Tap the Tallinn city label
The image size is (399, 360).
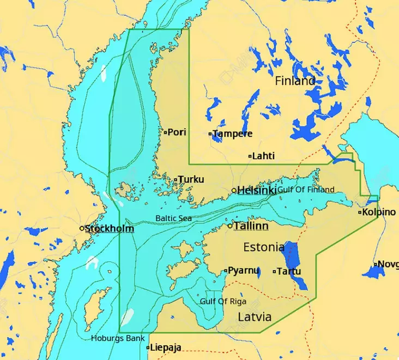click(x=251, y=226)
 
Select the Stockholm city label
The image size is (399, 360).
click(x=109, y=228)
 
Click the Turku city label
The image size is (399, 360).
click(x=191, y=179)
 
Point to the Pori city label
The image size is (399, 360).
click(x=177, y=132)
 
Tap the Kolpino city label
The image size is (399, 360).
click(x=379, y=212)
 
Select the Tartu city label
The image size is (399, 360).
click(x=289, y=271)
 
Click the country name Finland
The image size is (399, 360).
click(x=295, y=81)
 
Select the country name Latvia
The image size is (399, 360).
click(x=255, y=316)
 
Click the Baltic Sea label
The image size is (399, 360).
click(x=173, y=218)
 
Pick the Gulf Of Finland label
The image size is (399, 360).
click(x=306, y=189)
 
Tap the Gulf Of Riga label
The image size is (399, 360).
click(x=223, y=301)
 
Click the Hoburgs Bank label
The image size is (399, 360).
click(x=118, y=338)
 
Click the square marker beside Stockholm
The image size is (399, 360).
click(x=82, y=228)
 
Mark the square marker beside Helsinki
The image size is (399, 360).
click(x=234, y=191)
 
